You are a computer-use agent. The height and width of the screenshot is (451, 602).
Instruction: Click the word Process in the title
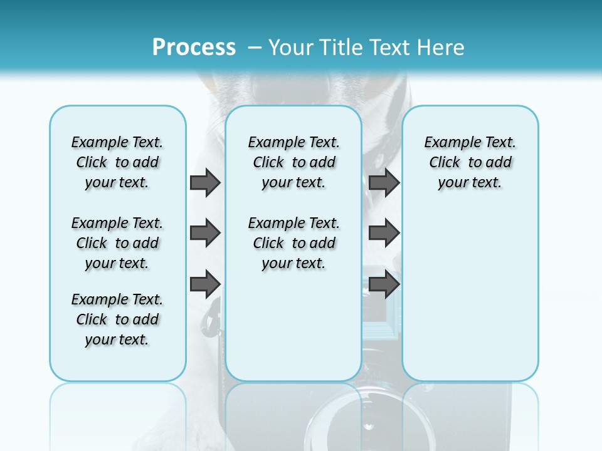(194, 47)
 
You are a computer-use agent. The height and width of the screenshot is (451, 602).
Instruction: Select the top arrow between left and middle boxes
(205, 182)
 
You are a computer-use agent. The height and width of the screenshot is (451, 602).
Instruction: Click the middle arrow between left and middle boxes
(205, 233)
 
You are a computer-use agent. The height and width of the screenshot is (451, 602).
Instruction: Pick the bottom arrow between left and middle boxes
(205, 284)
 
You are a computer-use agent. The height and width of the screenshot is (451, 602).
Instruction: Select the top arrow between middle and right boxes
(384, 182)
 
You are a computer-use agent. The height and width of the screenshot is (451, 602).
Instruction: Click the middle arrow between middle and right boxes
(384, 233)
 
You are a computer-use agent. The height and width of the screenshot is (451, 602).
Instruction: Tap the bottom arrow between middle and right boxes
(384, 284)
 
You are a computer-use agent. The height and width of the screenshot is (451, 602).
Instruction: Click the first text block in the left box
(117, 162)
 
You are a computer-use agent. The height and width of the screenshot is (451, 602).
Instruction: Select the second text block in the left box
(117, 243)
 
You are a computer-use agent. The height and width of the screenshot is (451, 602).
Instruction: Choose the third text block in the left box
(117, 319)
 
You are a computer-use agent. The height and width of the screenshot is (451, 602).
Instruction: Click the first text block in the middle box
(293, 162)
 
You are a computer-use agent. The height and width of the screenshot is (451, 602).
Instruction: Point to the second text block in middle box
(293, 243)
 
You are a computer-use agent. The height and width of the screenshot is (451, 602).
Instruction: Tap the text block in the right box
(470, 162)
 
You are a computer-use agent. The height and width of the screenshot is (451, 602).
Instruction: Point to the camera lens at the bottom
(364, 420)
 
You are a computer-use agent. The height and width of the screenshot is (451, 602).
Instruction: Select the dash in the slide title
(255, 48)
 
